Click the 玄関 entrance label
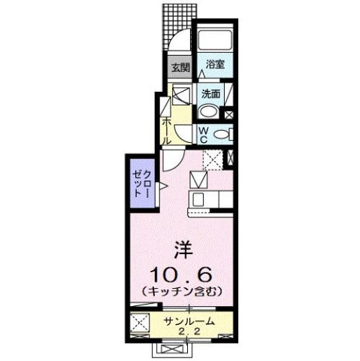(178, 68)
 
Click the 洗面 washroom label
(210, 94)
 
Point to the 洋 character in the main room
(180, 247)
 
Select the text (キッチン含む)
(180, 290)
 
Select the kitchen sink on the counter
(199, 200)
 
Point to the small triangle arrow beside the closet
(162, 184)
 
